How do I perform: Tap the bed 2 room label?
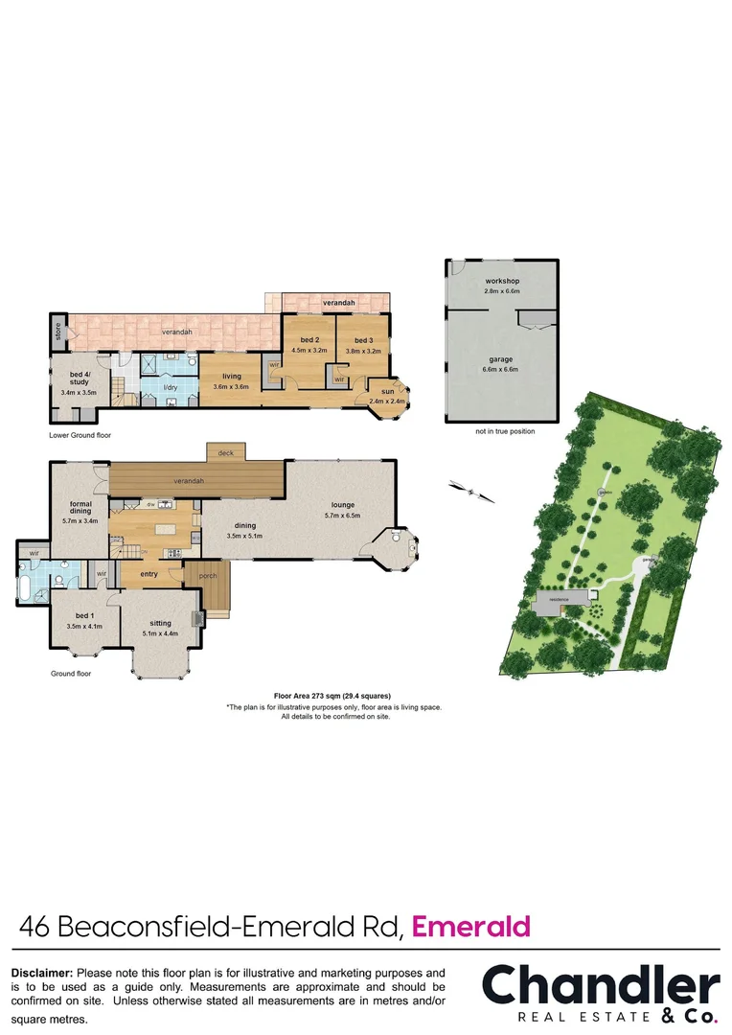(309, 340)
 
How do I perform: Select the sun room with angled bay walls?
(388, 393)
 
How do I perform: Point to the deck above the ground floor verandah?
(226, 452)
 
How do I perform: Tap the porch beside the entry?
(208, 576)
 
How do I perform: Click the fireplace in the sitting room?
(199, 618)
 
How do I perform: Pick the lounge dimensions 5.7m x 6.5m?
(343, 516)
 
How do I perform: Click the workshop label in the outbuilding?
(501, 280)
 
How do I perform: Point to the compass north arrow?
(471, 492)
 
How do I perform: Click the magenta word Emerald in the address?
(470, 927)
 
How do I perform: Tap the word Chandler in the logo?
(600, 987)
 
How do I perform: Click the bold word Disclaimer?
(42, 973)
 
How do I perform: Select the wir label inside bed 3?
(339, 379)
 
